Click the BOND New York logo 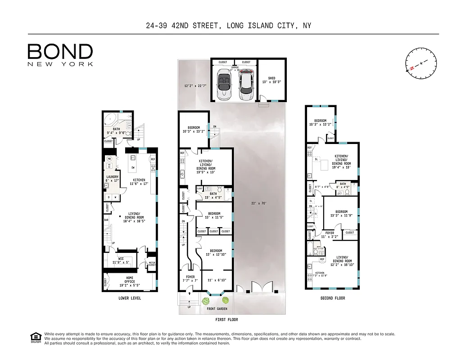60,54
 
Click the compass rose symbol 421,63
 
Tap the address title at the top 228,26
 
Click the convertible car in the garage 223,85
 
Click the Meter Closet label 152,264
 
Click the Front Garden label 217,309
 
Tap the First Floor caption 226,319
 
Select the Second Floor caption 333,298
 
